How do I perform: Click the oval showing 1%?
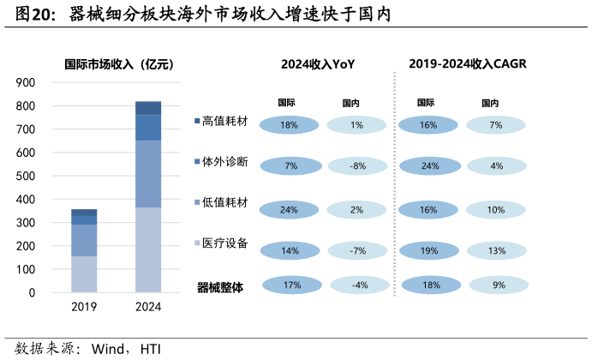(356, 125)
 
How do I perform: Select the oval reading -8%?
(357, 166)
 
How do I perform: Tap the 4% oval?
(496, 166)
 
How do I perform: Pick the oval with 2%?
(356, 210)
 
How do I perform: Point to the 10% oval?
(496, 210)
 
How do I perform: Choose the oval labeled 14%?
(290, 251)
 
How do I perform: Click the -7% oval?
(357, 251)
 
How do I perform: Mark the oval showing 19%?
(429, 251)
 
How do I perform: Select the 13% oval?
(497, 251)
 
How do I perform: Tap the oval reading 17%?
(292, 285)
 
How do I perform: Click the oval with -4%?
(360, 285)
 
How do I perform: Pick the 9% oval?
(499, 285)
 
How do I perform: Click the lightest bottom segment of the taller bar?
(148, 249)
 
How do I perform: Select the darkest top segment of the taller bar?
(148, 108)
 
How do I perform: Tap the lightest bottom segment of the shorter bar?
(84, 274)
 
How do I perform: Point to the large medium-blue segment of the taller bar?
(148, 174)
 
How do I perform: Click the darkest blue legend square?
(198, 121)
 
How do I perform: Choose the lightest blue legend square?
(198, 243)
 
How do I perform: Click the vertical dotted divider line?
(394, 183)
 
